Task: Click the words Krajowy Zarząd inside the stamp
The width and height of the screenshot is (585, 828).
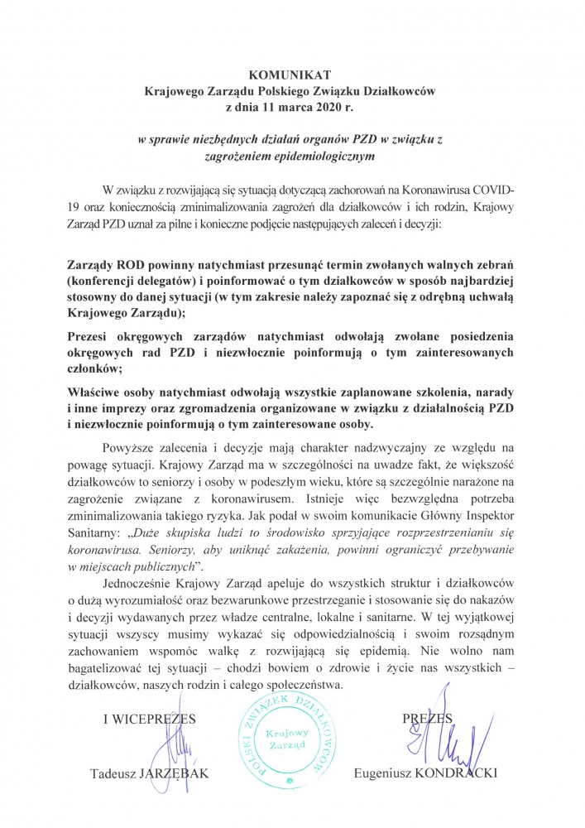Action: pyautogui.click(x=287, y=739)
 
